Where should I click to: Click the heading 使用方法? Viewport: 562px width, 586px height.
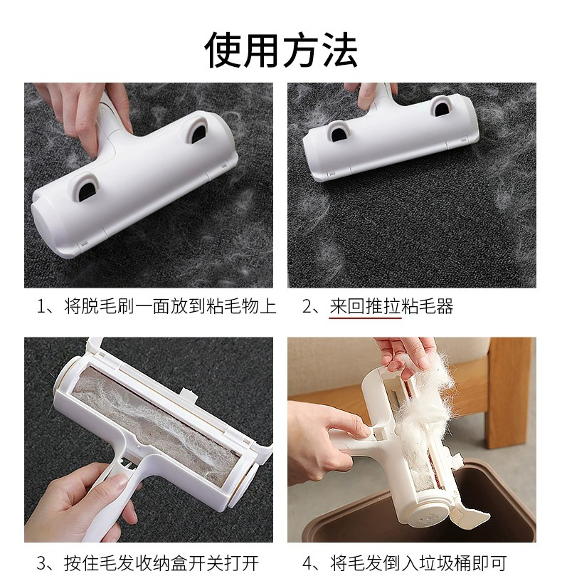click(281, 49)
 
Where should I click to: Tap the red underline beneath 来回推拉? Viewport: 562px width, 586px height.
click(365, 318)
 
